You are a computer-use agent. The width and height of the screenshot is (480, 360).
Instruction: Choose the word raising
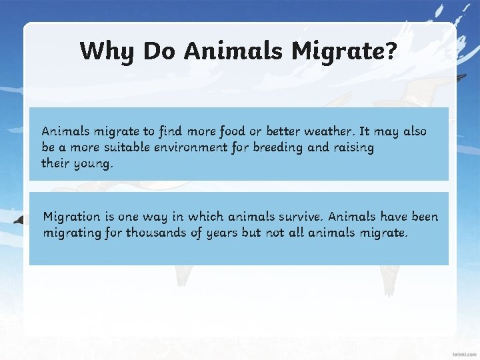(x=353, y=147)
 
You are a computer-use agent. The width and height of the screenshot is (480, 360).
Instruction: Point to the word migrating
(x=72, y=233)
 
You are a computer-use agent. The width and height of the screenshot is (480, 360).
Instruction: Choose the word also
(x=412, y=131)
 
